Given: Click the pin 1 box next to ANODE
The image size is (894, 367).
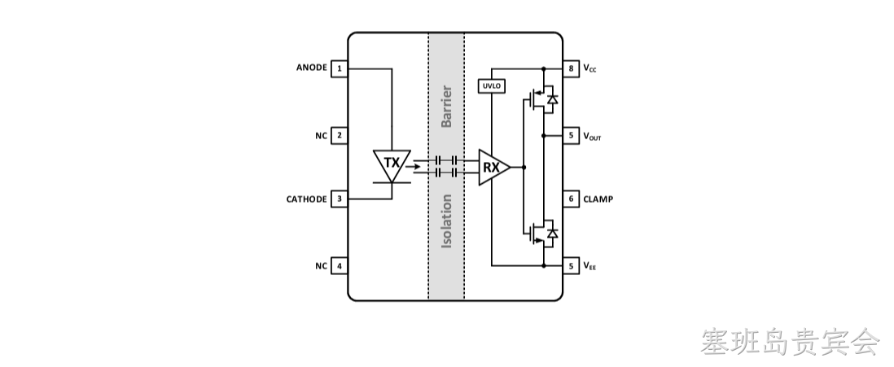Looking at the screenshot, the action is tap(340, 69).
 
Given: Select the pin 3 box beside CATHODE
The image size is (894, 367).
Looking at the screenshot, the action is tap(340, 199).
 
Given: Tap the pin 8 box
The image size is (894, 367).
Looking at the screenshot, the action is tap(572, 69).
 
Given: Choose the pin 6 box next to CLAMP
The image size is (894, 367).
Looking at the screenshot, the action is tap(572, 199).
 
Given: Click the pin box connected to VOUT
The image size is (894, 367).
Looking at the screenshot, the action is tap(572, 136).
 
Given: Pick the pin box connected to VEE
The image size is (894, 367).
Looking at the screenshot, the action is tap(572, 265).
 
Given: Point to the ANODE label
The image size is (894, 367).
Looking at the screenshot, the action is tap(311, 68).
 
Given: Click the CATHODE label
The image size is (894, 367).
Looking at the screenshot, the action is tap(307, 199).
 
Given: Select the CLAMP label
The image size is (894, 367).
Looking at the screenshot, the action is tap(598, 199).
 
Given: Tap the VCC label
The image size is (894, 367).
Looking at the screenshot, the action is tap(589, 69).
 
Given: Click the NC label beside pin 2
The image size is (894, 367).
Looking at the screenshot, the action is tap(322, 136).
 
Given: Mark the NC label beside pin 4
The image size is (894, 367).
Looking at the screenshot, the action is tap(322, 266).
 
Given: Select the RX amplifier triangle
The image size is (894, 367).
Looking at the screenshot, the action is tap(493, 168).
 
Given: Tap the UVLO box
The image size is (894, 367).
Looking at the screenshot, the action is tap(492, 86).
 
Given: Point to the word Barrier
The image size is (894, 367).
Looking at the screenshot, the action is tap(446, 107).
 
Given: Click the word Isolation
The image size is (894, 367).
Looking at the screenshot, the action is tap(446, 221).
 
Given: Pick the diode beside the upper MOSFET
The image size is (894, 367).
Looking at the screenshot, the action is tap(551, 99).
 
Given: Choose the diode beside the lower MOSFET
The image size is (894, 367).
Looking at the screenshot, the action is tap(551, 234).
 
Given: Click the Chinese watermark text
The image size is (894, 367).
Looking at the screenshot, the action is tap(791, 341).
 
